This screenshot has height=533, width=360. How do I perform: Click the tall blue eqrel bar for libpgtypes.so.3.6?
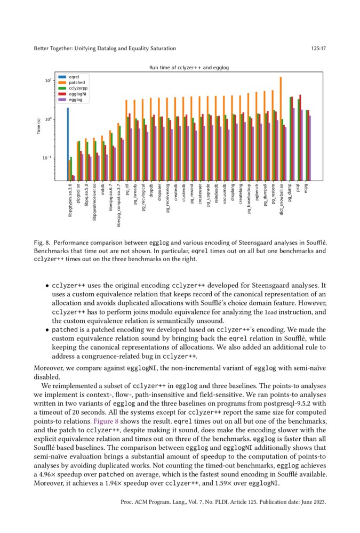[x=68, y=144]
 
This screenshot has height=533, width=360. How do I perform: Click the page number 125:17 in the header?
[x=318, y=49]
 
